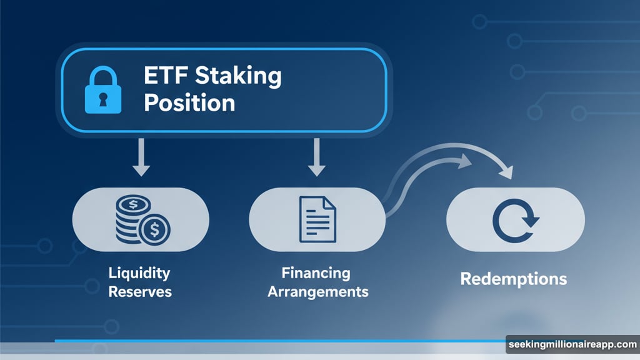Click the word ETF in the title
click(166, 76)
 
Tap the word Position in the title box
click(189, 102)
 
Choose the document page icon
click(317, 219)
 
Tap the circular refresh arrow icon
click(515, 220)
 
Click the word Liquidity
click(139, 273)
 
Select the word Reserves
click(140, 292)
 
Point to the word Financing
click(316, 273)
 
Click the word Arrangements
click(317, 292)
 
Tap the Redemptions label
click(514, 279)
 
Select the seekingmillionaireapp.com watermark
click(572, 344)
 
